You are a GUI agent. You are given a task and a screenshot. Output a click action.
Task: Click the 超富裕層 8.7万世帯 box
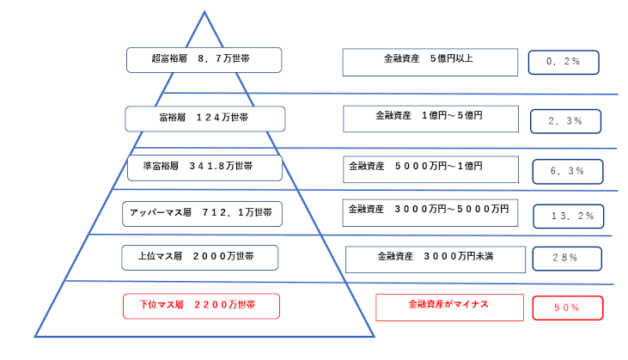pos(204,60)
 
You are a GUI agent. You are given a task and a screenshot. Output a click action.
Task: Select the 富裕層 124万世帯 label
pos(205,119)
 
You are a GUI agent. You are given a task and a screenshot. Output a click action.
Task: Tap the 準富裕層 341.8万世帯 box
pos(204,168)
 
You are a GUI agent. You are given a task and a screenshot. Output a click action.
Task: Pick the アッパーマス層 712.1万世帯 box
pos(202,214)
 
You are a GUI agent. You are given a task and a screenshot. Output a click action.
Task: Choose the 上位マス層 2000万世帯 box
pos(200,258)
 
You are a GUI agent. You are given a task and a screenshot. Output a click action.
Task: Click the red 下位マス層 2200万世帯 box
pos(201,306)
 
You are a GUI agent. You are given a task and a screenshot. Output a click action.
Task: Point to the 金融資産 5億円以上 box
pos(430,63)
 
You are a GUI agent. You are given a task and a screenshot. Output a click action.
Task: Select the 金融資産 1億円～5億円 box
pos(430,119)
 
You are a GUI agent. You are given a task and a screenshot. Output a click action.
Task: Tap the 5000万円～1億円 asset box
pos(430,169)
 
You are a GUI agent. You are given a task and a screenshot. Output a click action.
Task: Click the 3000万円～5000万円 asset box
pos(430,212)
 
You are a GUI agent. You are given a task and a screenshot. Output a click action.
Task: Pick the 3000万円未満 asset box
pos(436,259)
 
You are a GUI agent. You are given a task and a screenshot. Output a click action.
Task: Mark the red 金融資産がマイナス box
pos(450,308)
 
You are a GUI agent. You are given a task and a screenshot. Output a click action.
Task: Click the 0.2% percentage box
pos(564,62)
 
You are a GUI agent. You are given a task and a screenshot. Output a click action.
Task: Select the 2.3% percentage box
pos(565,121)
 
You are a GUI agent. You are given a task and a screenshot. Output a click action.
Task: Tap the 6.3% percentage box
pos(568,171)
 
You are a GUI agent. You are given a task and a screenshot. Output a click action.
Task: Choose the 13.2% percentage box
pos(569,217)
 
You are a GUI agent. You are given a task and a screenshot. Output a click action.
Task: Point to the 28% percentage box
pos(567,259)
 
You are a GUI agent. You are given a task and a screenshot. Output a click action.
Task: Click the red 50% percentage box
pos(568,308)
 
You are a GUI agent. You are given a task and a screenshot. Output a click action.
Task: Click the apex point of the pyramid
pos(204,12)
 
